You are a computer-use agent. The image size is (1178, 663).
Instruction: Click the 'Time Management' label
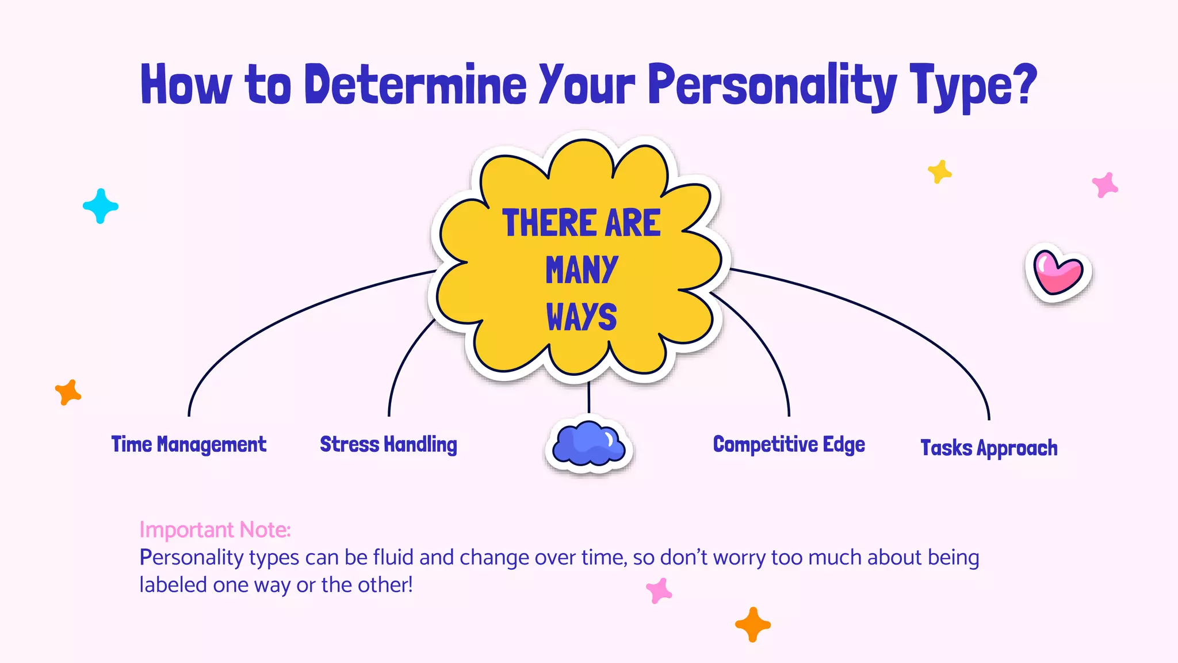pyautogui.click(x=189, y=445)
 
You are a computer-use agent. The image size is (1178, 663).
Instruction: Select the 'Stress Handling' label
pyautogui.click(x=388, y=445)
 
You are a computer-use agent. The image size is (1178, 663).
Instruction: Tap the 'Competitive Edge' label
pyautogui.click(x=789, y=445)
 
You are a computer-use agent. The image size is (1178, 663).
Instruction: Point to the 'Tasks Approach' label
pyautogui.click(x=989, y=448)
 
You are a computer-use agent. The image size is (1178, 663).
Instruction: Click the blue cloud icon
pyautogui.click(x=588, y=445)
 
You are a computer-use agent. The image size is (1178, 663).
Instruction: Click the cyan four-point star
pyautogui.click(x=101, y=206)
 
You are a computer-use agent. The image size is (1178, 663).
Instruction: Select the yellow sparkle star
pyautogui.click(x=939, y=172)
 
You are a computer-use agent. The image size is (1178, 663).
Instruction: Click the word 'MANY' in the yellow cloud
pyautogui.click(x=582, y=270)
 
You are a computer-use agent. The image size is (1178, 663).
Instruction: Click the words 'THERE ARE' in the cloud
pyautogui.click(x=582, y=223)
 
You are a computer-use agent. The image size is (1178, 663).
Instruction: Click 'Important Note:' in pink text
pyautogui.click(x=215, y=530)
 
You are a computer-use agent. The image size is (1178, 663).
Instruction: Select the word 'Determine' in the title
pyautogui.click(x=415, y=85)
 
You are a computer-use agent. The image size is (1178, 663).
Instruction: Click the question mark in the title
pyautogui.click(x=1023, y=85)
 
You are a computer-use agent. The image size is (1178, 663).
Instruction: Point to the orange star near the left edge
pyautogui.click(x=68, y=393)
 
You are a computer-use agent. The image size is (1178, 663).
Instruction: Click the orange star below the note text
pyautogui.click(x=752, y=624)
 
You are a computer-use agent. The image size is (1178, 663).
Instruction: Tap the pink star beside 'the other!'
pyautogui.click(x=659, y=590)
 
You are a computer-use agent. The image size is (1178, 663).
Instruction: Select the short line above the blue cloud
pyautogui.click(x=588, y=397)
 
